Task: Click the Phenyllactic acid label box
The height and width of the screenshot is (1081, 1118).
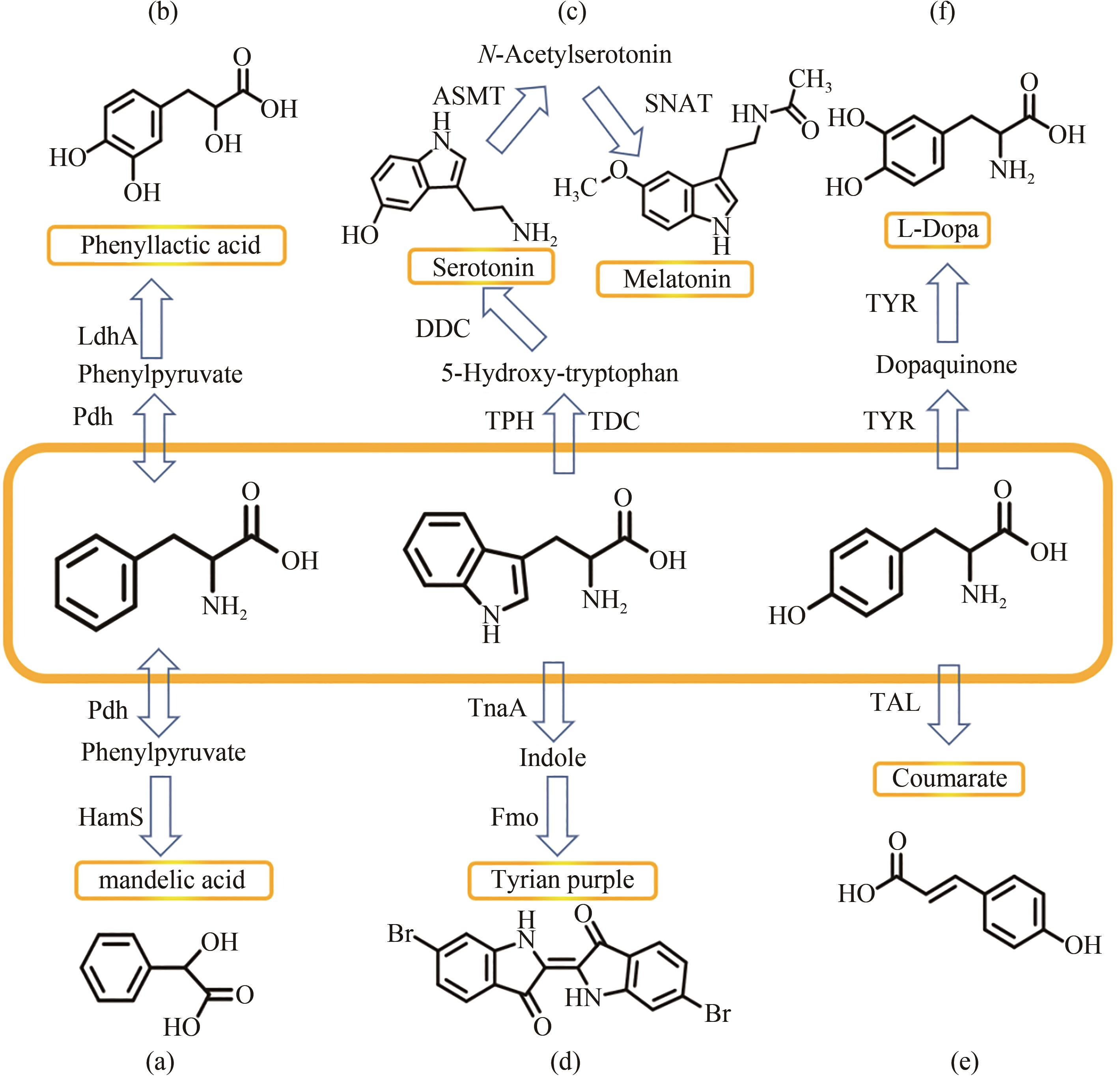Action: click(x=166, y=245)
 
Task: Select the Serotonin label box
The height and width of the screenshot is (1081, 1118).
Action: click(x=481, y=267)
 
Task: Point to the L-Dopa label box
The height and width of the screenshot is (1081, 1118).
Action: click(x=937, y=230)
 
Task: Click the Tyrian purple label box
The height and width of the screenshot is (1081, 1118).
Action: click(x=562, y=879)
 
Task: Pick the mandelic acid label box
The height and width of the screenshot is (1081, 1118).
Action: click(x=174, y=880)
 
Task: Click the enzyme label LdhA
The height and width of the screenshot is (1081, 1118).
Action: click(x=107, y=336)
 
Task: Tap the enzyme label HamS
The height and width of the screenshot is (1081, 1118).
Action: click(x=111, y=817)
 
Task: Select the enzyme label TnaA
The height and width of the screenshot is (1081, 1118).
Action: click(x=497, y=708)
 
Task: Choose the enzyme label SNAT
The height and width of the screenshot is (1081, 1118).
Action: click(x=678, y=104)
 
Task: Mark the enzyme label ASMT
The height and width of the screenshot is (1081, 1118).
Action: click(x=468, y=96)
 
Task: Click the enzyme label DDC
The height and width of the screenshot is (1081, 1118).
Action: click(x=442, y=328)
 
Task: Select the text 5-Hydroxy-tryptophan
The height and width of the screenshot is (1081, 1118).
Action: click(x=560, y=373)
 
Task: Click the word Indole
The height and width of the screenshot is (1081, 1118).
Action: click(x=552, y=758)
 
